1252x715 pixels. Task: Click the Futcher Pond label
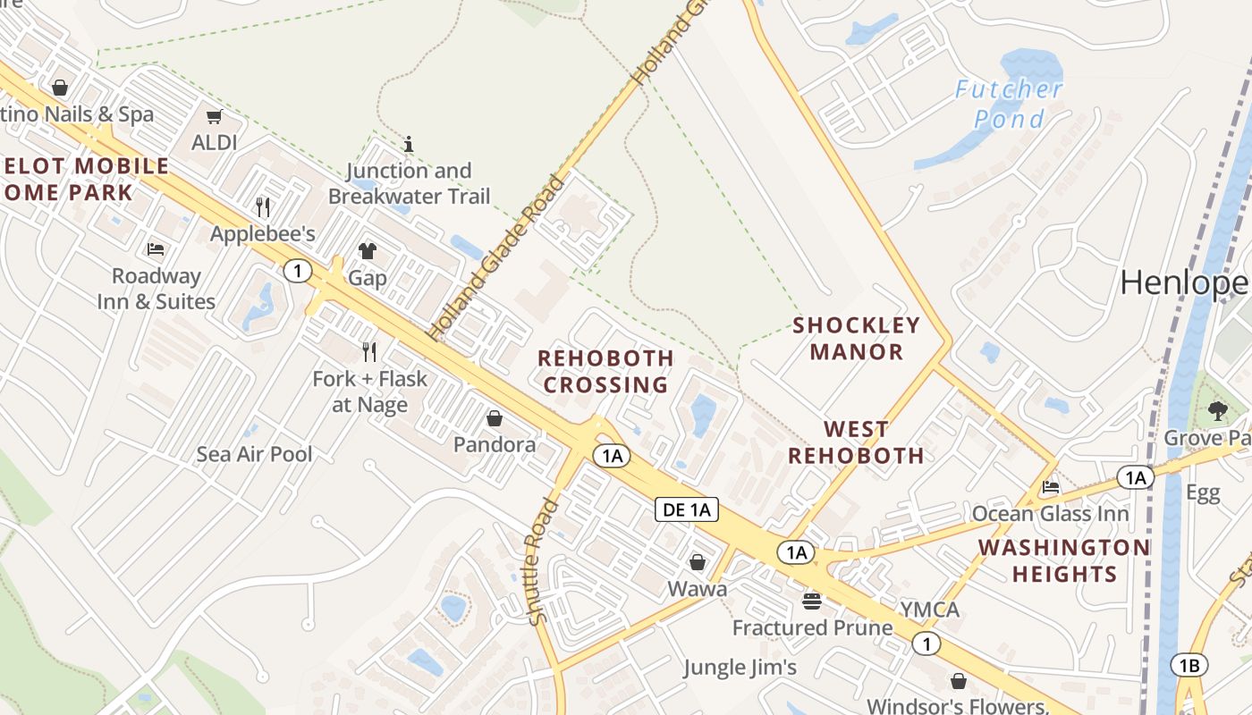(1009, 104)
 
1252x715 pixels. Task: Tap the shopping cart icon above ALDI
(215, 117)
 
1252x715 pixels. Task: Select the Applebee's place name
(263, 234)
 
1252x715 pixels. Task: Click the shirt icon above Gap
(368, 251)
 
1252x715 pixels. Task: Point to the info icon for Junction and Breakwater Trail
(409, 144)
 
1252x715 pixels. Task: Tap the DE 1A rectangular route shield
(687, 509)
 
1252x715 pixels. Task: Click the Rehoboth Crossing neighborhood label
(605, 372)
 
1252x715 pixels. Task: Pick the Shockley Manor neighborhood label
(856, 338)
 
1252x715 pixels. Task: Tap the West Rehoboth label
(856, 442)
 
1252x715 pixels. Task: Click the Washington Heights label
(1064, 560)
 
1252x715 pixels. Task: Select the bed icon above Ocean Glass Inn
(1051, 488)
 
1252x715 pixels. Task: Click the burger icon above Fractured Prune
(812, 601)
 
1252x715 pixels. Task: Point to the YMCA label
(929, 610)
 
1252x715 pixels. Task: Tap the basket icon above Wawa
(698, 562)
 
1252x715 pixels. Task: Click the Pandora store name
(495, 444)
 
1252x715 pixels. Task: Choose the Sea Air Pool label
(255, 454)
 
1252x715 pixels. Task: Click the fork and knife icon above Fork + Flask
(368, 352)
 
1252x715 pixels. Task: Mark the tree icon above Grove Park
(1217, 411)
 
